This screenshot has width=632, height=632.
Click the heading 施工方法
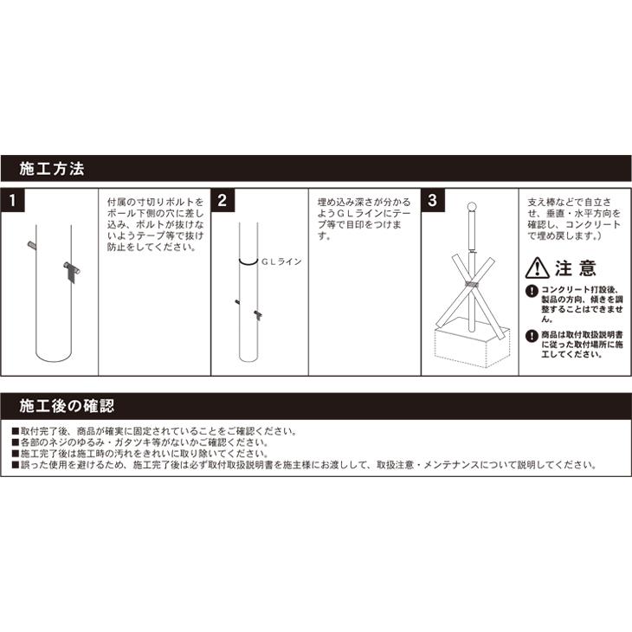[52, 169]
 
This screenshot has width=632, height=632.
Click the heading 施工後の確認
[67, 406]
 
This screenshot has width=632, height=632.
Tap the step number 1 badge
[12, 200]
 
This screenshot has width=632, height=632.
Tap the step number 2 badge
[222, 200]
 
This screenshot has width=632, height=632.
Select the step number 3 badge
[433, 200]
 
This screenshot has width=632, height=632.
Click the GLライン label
[281, 261]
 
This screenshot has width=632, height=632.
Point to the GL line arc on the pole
[248, 263]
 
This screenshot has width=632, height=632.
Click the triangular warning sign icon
[538, 268]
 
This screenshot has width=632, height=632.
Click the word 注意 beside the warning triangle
[575, 268]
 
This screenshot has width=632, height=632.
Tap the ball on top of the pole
[472, 207]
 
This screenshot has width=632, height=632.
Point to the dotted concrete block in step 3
[473, 346]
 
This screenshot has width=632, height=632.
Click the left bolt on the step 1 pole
[32, 245]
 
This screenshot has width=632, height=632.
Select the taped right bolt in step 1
[72, 271]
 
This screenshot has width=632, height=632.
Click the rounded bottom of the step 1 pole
[54, 357]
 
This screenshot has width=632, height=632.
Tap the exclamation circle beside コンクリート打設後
[532, 291]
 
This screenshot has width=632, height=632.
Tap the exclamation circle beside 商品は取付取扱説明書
[532, 336]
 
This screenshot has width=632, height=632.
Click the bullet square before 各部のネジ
[16, 442]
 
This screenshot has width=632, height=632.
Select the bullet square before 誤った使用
[16, 465]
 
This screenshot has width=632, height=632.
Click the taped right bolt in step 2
[258, 315]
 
